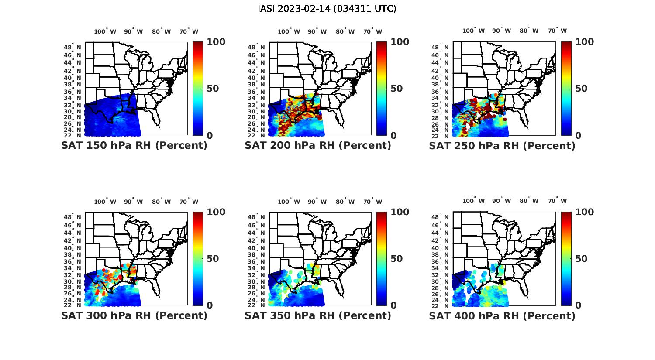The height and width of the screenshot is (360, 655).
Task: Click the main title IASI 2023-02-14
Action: click(x=327, y=9)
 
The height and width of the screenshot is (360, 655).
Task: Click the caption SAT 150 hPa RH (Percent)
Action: click(x=134, y=146)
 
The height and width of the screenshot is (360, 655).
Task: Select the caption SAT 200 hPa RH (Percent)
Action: click(x=318, y=146)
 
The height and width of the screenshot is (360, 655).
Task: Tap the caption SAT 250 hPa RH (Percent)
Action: click(x=502, y=146)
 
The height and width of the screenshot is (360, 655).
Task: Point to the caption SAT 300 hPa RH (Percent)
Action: click(x=134, y=315)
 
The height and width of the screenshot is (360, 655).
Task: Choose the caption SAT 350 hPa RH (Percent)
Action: click(x=318, y=315)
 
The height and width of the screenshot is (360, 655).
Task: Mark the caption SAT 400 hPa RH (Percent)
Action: click(x=502, y=315)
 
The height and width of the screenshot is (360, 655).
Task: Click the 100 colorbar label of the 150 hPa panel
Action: click(x=216, y=42)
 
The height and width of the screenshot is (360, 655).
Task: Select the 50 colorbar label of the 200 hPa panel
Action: click(x=396, y=89)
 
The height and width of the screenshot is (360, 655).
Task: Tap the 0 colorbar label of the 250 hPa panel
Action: click(x=578, y=135)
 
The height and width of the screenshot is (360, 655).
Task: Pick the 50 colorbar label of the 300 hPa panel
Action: click(x=213, y=258)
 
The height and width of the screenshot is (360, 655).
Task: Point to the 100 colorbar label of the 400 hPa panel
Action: click(x=584, y=212)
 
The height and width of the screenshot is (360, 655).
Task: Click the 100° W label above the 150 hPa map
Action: click(x=105, y=31)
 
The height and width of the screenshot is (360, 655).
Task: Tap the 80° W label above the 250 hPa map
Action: click(x=529, y=31)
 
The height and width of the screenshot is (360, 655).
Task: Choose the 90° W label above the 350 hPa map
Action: click(x=317, y=202)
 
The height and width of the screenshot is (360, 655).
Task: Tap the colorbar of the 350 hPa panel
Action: click(x=382, y=258)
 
